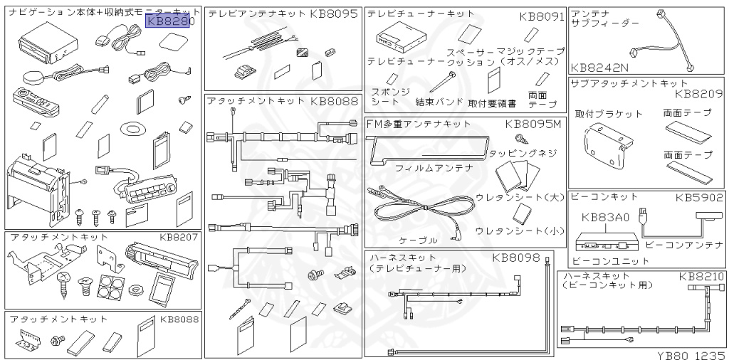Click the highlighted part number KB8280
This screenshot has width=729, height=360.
coord(169,21)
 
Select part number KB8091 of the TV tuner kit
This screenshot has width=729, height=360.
coord(541,15)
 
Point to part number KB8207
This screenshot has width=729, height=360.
coord(179,237)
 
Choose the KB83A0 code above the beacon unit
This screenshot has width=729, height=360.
coord(605,218)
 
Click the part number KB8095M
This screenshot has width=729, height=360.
coord(533,125)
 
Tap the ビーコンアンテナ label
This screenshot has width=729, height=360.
coord(683,245)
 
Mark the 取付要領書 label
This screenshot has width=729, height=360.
coord(493,102)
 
